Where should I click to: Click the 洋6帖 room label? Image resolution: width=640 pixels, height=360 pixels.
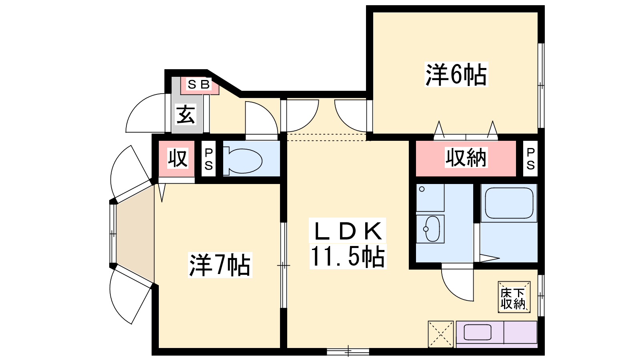pos(456,74)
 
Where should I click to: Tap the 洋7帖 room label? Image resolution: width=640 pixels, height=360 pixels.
pos(220,265)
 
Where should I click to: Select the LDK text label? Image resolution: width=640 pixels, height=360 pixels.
pos(348,231)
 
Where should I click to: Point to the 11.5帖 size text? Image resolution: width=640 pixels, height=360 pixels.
pos(348,256)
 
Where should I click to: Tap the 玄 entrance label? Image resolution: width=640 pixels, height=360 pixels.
pos(186,114)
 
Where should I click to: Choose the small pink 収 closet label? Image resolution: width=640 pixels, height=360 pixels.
pos(178,158)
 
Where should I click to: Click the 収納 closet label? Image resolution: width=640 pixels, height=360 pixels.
pos(466,158)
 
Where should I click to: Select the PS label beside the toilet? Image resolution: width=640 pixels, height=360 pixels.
pos(208,159)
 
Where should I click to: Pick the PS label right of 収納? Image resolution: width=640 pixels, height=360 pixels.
pos(530,159)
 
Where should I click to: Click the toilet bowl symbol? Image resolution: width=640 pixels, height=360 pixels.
pos(242,161)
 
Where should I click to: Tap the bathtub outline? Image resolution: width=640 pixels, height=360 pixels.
pos(509,203)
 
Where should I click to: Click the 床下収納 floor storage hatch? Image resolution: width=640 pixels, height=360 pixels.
pos(514,297)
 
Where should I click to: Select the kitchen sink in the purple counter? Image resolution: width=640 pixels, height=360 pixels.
pos(477,332)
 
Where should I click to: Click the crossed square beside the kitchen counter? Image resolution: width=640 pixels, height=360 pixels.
pos(440,334)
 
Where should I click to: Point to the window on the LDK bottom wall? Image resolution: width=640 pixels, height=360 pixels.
pos(348,352)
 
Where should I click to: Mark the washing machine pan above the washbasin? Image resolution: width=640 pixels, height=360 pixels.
pos(430,198)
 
